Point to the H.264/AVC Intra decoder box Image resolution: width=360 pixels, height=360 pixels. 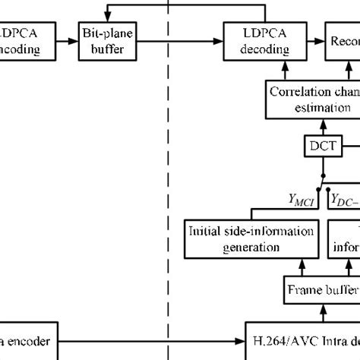coord(304,342)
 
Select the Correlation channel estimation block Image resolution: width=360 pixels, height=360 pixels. coord(311,100)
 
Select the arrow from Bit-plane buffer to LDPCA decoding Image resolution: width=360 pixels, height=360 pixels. coord(178,43)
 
